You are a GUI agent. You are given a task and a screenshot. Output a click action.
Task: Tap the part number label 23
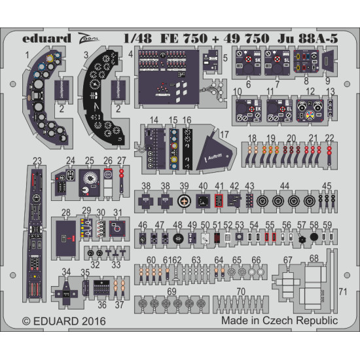[x=37, y=159]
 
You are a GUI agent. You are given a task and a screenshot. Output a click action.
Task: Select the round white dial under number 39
[x=184, y=202]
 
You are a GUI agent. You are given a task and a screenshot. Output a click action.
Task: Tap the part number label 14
[x=154, y=120]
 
